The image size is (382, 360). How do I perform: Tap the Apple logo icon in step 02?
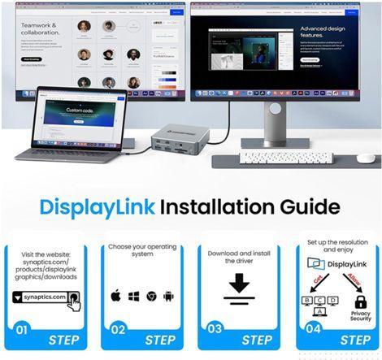point(115,296)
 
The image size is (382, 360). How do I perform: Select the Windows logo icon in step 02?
point(133,296)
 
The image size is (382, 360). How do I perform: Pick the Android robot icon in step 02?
point(168,296)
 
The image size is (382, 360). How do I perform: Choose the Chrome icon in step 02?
point(151,296)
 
